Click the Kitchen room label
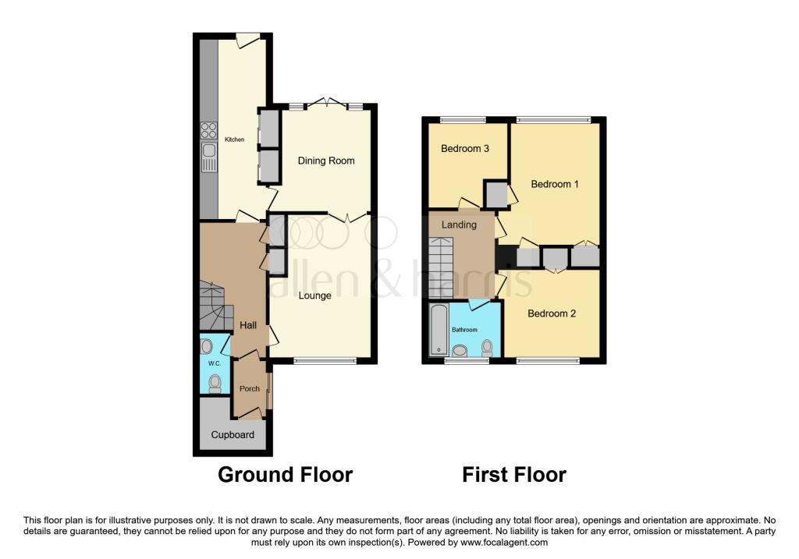click(234, 140)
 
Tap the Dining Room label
click(326, 161)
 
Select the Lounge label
click(315, 295)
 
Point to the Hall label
click(249, 325)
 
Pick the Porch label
click(249, 389)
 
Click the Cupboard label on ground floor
click(233, 434)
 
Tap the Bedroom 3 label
click(465, 149)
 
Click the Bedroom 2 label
click(552, 313)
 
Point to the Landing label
click(459, 225)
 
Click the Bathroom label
click(465, 330)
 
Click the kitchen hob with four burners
click(208, 130)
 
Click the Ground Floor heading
click(285, 474)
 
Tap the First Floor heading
click(514, 474)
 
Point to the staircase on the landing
click(442, 268)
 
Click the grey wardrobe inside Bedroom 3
click(495, 195)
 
